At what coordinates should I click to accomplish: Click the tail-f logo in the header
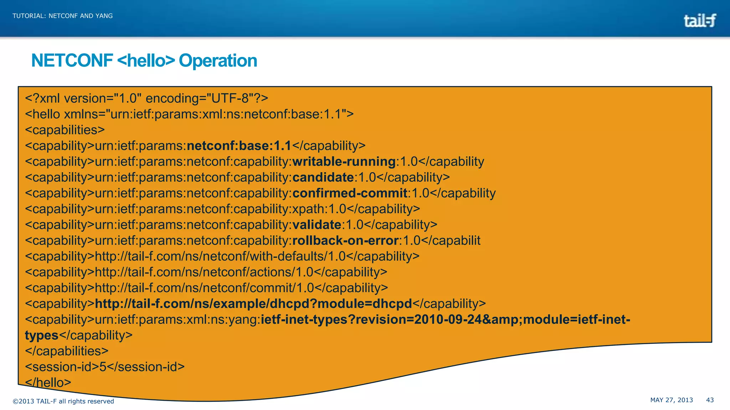pyautogui.click(x=699, y=21)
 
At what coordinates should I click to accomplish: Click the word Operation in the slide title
pyautogui.click(x=218, y=61)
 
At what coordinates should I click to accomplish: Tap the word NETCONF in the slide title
pyautogui.click(x=72, y=61)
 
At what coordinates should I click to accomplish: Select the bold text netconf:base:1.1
pyautogui.click(x=239, y=146)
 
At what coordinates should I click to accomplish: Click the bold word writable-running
pyautogui.click(x=344, y=162)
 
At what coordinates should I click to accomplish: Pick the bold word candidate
pyautogui.click(x=323, y=177)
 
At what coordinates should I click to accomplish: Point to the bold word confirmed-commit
pyautogui.click(x=350, y=193)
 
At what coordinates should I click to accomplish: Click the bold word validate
pyautogui.click(x=317, y=225)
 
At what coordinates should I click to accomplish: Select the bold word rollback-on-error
pyautogui.click(x=345, y=241)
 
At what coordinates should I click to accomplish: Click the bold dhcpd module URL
pyautogui.click(x=253, y=304)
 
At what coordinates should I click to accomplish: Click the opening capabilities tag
pyautogui.click(x=65, y=130)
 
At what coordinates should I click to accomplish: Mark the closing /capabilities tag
pyautogui.click(x=67, y=351)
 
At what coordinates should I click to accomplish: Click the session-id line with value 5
pyautogui.click(x=105, y=367)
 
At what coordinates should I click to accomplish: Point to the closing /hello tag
pyautogui.click(x=48, y=383)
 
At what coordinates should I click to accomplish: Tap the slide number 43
pyautogui.click(x=710, y=400)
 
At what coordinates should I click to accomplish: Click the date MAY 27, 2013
pyautogui.click(x=672, y=400)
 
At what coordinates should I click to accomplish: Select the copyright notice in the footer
pyautogui.click(x=63, y=401)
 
